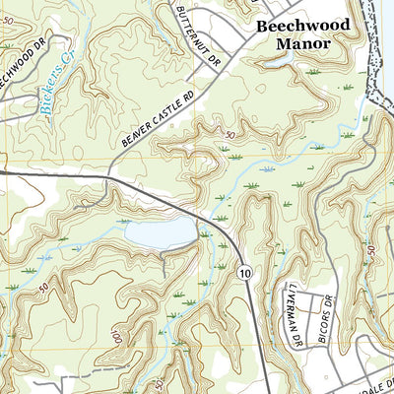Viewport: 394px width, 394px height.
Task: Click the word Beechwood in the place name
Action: tap(302, 27)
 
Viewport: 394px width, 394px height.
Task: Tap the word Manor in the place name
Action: tap(302, 45)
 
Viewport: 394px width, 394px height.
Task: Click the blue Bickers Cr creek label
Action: tap(51, 90)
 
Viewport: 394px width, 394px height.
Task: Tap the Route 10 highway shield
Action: tap(242, 271)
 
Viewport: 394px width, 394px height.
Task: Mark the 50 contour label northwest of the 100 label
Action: tap(45, 288)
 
